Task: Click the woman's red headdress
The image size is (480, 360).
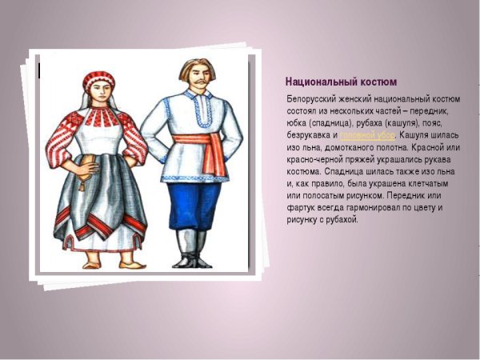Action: tap(98, 79)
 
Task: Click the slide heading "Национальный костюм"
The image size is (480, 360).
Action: tap(341, 82)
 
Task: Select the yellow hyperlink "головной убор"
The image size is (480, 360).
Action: tap(367, 136)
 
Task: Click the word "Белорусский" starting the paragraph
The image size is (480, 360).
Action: tap(313, 98)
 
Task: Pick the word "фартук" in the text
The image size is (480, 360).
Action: tap(302, 207)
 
